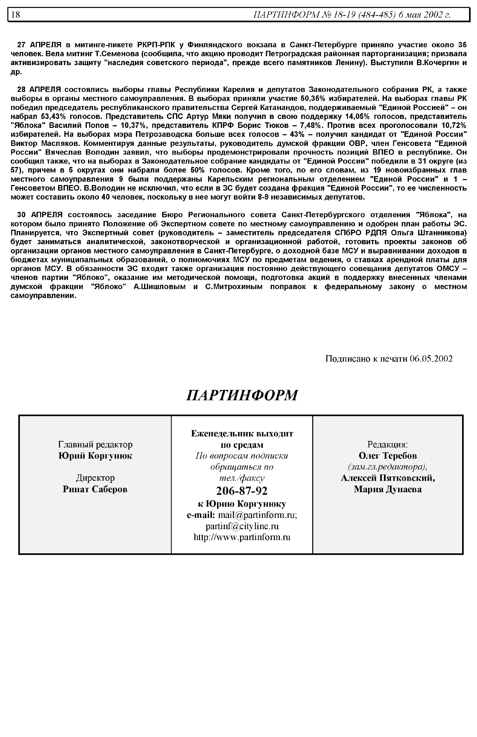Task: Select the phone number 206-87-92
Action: [x=242, y=491]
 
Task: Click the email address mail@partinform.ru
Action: [x=257, y=515]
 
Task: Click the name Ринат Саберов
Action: [x=95, y=489]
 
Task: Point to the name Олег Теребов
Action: [x=388, y=456]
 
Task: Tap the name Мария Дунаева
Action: [x=388, y=489]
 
